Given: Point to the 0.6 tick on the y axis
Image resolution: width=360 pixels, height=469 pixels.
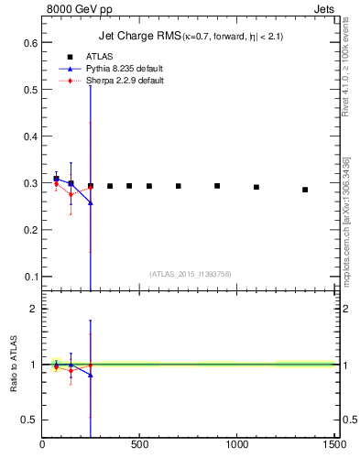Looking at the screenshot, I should click(x=30, y=43).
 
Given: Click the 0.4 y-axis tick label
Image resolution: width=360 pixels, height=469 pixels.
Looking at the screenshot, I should click(x=30, y=136).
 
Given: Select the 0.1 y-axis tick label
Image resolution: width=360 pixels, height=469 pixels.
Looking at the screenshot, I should click(x=30, y=277).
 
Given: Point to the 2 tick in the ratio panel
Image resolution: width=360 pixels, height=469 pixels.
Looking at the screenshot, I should click(x=34, y=309).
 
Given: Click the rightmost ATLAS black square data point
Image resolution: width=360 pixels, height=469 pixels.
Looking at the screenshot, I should click(x=305, y=190).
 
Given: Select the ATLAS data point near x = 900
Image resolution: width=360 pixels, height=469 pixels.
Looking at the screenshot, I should click(x=217, y=186).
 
